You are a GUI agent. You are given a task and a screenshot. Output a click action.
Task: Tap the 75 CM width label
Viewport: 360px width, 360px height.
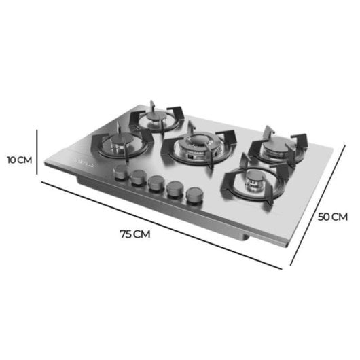(x=134, y=234)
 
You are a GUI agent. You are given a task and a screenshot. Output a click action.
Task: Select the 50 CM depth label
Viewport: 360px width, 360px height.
(x=333, y=217)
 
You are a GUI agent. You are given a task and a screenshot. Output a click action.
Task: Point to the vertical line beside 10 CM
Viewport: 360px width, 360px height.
(x=37, y=153)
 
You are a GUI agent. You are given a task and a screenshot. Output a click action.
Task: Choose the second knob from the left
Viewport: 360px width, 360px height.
(x=140, y=178)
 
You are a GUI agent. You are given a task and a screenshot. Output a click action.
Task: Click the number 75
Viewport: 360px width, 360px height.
(x=126, y=234)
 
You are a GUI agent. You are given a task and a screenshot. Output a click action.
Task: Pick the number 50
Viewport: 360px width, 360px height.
(x=325, y=217)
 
